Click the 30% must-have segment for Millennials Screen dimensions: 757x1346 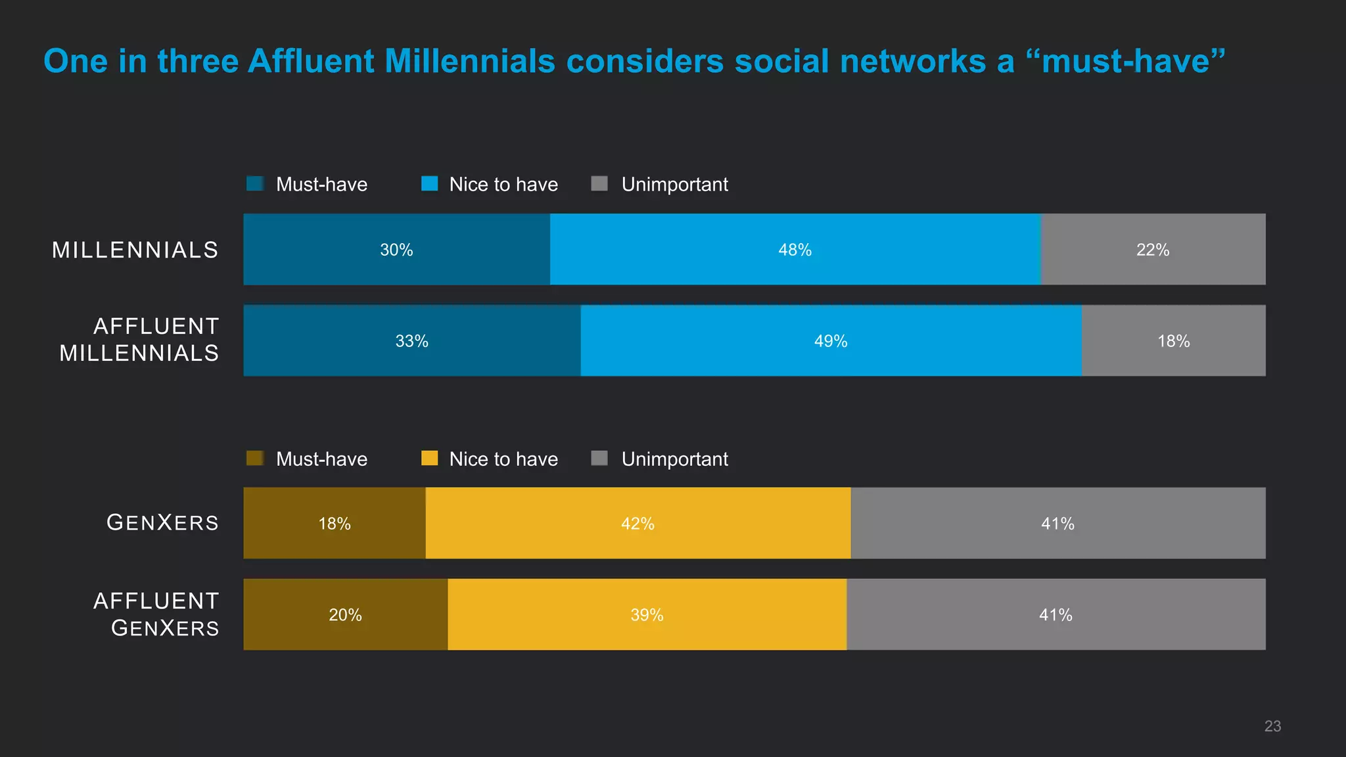pyautogui.click(x=396, y=250)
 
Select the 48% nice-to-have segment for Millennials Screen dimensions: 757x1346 pyautogui.click(x=795, y=250)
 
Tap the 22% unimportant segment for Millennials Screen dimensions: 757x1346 pyautogui.click(x=1153, y=250)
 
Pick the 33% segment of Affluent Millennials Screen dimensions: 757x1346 pyautogui.click(x=412, y=341)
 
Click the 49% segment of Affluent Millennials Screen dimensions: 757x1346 pyautogui.click(x=831, y=341)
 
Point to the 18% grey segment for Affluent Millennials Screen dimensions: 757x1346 pyautogui.click(x=1173, y=341)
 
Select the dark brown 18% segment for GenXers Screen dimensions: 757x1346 pyautogui.click(x=335, y=524)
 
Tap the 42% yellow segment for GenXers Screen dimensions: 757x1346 pyautogui.click(x=638, y=524)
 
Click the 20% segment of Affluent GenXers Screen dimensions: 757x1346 pyautogui.click(x=345, y=615)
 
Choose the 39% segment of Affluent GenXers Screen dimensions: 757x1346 pyautogui.click(x=647, y=615)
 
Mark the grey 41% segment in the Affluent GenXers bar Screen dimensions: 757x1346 pyautogui.click(x=1056, y=615)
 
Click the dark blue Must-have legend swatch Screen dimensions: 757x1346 pyautogui.click(x=255, y=183)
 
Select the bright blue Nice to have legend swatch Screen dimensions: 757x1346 pyautogui.click(x=429, y=183)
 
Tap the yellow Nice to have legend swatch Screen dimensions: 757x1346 pyautogui.click(x=429, y=458)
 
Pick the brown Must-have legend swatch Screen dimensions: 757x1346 pyautogui.click(x=255, y=458)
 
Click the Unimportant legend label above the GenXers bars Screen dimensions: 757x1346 pyautogui.click(x=674, y=459)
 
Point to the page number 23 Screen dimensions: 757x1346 pyautogui.click(x=1272, y=726)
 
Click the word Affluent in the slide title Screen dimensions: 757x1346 pyautogui.click(x=311, y=61)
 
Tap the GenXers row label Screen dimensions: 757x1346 pyautogui.click(x=162, y=523)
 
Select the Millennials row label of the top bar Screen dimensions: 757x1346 pyautogui.click(x=135, y=250)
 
